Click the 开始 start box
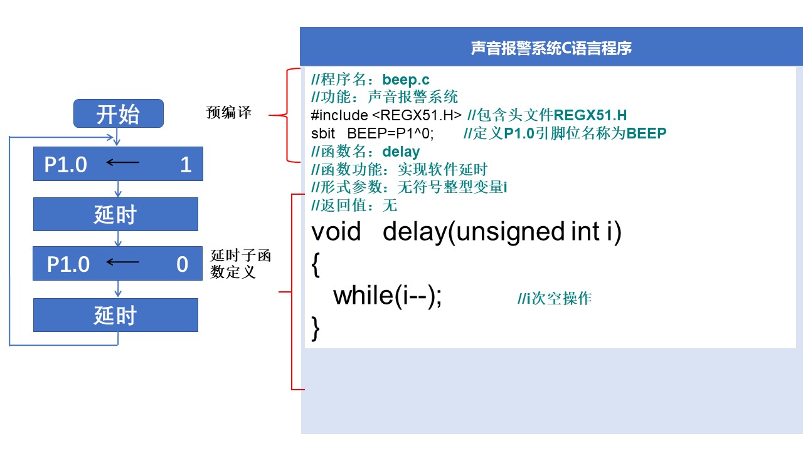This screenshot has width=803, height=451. tap(119, 114)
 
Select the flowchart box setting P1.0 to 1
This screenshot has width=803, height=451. tap(118, 164)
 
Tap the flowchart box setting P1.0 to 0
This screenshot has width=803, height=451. tap(118, 264)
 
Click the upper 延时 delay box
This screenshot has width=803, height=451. tap(115, 214)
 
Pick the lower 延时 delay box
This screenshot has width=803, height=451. tap(115, 315)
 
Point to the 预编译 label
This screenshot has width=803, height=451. tap(229, 113)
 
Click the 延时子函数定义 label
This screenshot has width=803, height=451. tap(241, 264)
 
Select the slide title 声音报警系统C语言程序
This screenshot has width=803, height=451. tap(551, 48)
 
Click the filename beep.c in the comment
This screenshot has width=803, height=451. tap(406, 80)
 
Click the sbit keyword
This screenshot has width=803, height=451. tap(323, 133)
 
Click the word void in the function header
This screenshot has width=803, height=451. tap(336, 232)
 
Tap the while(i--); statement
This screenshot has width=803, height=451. tap(388, 295)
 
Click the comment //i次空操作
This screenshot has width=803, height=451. tap(555, 299)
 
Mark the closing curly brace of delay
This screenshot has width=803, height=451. tap(316, 328)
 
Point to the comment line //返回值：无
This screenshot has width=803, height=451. tap(354, 205)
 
